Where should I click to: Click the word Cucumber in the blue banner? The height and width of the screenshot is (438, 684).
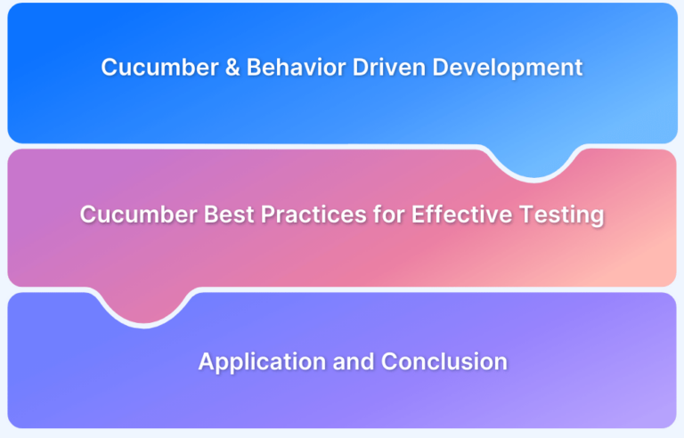159,67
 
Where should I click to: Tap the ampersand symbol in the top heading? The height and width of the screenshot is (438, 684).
232,68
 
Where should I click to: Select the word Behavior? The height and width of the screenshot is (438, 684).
297,67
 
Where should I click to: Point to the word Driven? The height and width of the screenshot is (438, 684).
388,67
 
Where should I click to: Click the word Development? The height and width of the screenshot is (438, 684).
508,68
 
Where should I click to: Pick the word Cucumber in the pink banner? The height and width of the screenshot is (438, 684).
139,215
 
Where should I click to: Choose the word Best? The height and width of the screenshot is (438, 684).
229,215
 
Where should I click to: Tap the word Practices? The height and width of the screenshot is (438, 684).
313,215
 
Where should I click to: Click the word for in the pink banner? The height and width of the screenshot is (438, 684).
388,215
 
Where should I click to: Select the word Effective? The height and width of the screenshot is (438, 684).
462,215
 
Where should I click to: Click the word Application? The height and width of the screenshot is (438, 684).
262,362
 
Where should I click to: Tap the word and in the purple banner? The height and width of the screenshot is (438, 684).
354,361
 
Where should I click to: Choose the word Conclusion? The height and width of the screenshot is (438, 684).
444,361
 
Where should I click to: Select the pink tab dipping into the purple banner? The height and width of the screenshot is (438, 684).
143,306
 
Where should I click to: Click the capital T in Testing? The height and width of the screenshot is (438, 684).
527,215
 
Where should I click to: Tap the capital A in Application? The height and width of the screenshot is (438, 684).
208,361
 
